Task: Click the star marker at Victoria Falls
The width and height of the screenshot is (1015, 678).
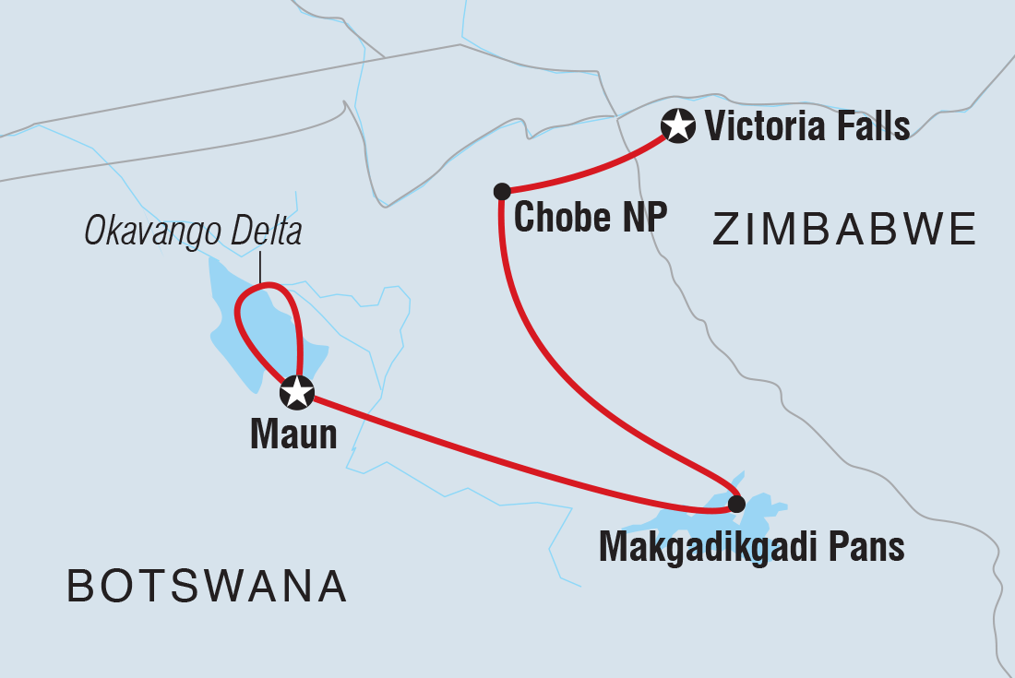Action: point(678,126)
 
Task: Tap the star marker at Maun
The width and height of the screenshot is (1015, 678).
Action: point(297,393)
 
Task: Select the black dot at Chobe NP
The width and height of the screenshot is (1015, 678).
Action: point(502,192)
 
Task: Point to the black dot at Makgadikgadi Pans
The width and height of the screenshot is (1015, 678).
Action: point(735,504)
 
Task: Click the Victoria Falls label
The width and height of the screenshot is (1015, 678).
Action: point(807,126)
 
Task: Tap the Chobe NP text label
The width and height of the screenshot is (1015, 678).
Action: point(589,219)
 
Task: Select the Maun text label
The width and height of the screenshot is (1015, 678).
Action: point(293,434)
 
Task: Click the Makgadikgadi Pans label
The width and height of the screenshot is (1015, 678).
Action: point(751,547)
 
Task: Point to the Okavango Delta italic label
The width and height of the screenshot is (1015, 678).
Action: point(193,232)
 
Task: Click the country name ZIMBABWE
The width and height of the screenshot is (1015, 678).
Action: point(844,230)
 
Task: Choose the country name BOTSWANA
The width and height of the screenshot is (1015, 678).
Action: point(208,587)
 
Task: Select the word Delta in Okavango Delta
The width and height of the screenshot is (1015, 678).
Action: point(265,232)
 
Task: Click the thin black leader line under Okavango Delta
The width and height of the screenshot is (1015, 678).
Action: point(261,269)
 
